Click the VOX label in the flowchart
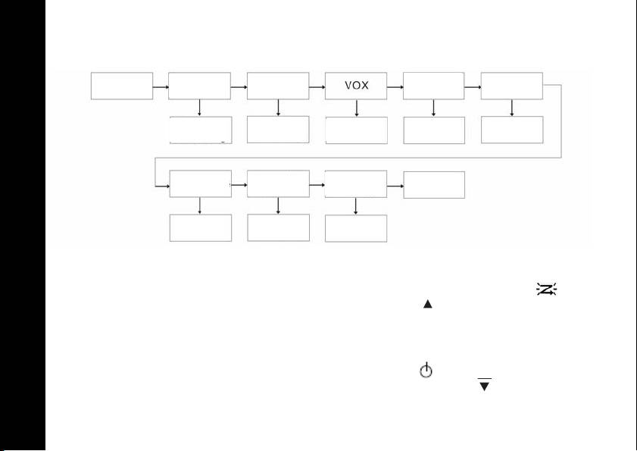(x=356, y=85)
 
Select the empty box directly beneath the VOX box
(x=356, y=130)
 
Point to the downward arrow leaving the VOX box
(x=356, y=108)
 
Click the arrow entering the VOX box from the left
(x=317, y=86)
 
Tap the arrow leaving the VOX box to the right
(x=395, y=86)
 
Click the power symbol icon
(x=427, y=371)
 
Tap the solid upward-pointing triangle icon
(x=427, y=303)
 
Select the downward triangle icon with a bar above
(x=484, y=385)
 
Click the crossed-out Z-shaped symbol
(x=545, y=289)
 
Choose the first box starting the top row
(x=122, y=86)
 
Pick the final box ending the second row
(x=434, y=185)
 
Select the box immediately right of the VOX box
(x=434, y=86)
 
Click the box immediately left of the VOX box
(x=278, y=86)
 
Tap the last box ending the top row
(x=512, y=86)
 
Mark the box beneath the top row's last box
(x=512, y=130)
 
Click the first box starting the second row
(x=200, y=184)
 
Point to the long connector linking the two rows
(x=356, y=158)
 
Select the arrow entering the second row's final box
(x=395, y=184)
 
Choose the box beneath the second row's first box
(x=200, y=228)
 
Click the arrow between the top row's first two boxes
(x=160, y=86)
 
